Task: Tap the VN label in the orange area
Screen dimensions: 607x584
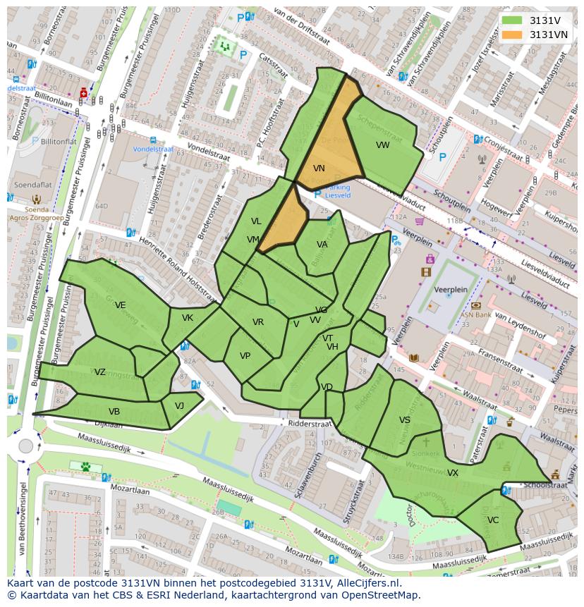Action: tap(319, 168)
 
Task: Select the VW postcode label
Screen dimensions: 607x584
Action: tap(382, 145)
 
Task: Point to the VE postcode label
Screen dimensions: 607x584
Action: tap(121, 305)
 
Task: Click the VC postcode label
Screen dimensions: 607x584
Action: tap(492, 520)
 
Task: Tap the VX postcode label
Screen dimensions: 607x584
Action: tap(453, 473)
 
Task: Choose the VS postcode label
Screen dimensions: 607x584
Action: tap(405, 420)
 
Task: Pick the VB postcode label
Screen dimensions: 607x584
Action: tap(114, 412)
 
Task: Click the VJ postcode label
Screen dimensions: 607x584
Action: tap(179, 405)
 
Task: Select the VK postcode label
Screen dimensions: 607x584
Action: tap(187, 318)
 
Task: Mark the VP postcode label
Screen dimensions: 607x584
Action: tap(245, 356)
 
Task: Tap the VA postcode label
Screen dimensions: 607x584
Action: tap(322, 245)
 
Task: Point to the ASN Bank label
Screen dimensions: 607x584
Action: tap(476, 315)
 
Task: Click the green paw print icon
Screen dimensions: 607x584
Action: tap(85, 466)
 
